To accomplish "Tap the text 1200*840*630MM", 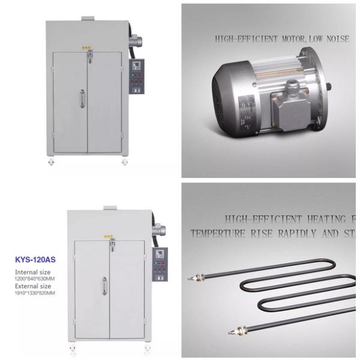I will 34,279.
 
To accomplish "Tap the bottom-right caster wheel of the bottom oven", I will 146,352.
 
